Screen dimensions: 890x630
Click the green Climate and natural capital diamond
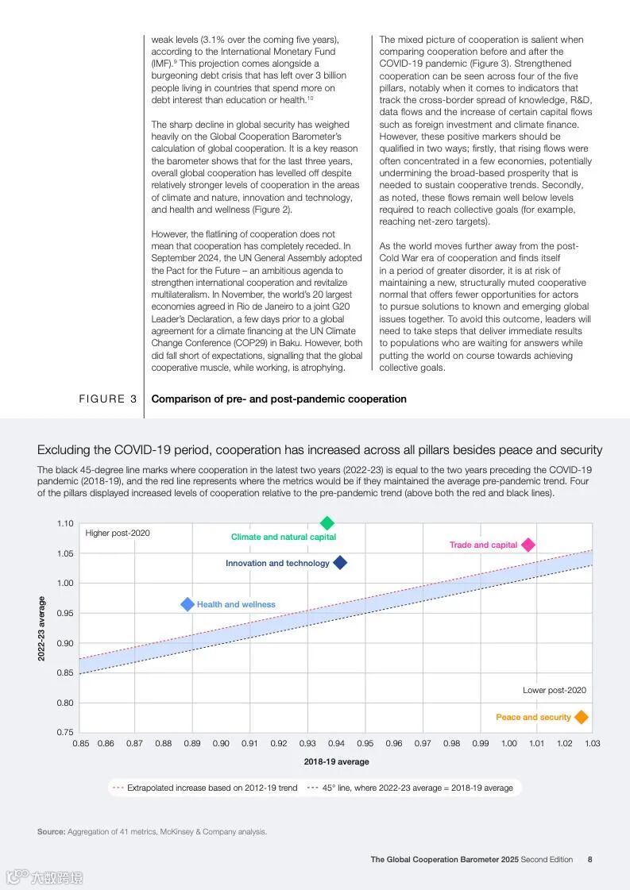[327, 523]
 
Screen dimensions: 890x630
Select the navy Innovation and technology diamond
[340, 563]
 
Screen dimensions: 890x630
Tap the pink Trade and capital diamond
[528, 545]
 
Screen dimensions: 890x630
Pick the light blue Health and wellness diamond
[187, 604]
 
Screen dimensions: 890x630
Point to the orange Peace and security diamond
[582, 717]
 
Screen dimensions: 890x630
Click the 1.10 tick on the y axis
[65, 524]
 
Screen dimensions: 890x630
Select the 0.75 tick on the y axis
[65, 733]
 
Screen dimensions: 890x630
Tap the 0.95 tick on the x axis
[365, 744]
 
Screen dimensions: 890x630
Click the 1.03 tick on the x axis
[592, 744]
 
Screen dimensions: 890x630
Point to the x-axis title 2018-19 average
[336, 762]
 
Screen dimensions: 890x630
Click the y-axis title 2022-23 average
[41, 628]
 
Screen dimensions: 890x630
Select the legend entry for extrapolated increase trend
[205, 788]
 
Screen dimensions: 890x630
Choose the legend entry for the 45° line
[411, 788]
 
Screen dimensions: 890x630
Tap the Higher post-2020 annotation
[118, 534]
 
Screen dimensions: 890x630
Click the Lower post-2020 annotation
[555, 691]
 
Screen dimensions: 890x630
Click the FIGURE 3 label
[107, 399]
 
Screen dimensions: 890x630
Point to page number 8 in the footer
[589, 859]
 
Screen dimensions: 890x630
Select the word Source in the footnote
[51, 832]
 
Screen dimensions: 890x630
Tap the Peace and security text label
[533, 718]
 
